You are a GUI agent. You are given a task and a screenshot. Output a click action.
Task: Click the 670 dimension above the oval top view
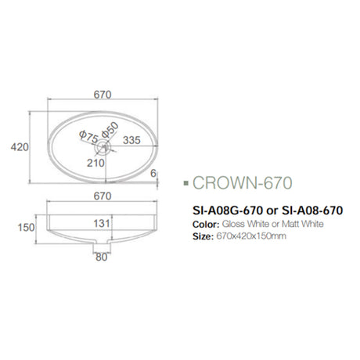103,95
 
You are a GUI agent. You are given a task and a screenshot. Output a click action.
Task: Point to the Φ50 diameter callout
108,127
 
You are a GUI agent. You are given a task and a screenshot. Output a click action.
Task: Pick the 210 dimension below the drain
95,163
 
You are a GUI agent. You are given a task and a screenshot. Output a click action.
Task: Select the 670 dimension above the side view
103,196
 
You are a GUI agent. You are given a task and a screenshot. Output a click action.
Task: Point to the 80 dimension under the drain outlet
100,256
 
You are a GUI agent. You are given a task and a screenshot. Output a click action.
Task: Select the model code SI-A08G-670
225,210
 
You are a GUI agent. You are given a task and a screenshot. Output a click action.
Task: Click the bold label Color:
205,224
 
